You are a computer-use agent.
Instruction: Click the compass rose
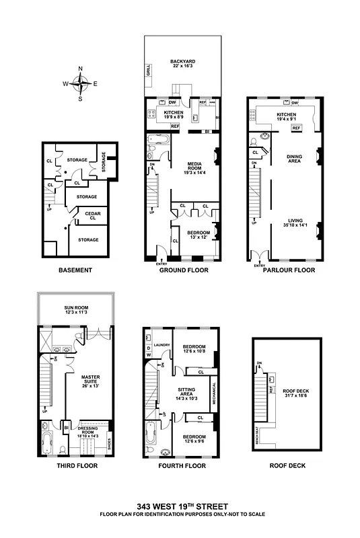point(80,83)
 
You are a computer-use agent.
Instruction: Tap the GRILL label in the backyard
point(149,71)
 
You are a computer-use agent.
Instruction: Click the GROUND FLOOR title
point(178,270)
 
